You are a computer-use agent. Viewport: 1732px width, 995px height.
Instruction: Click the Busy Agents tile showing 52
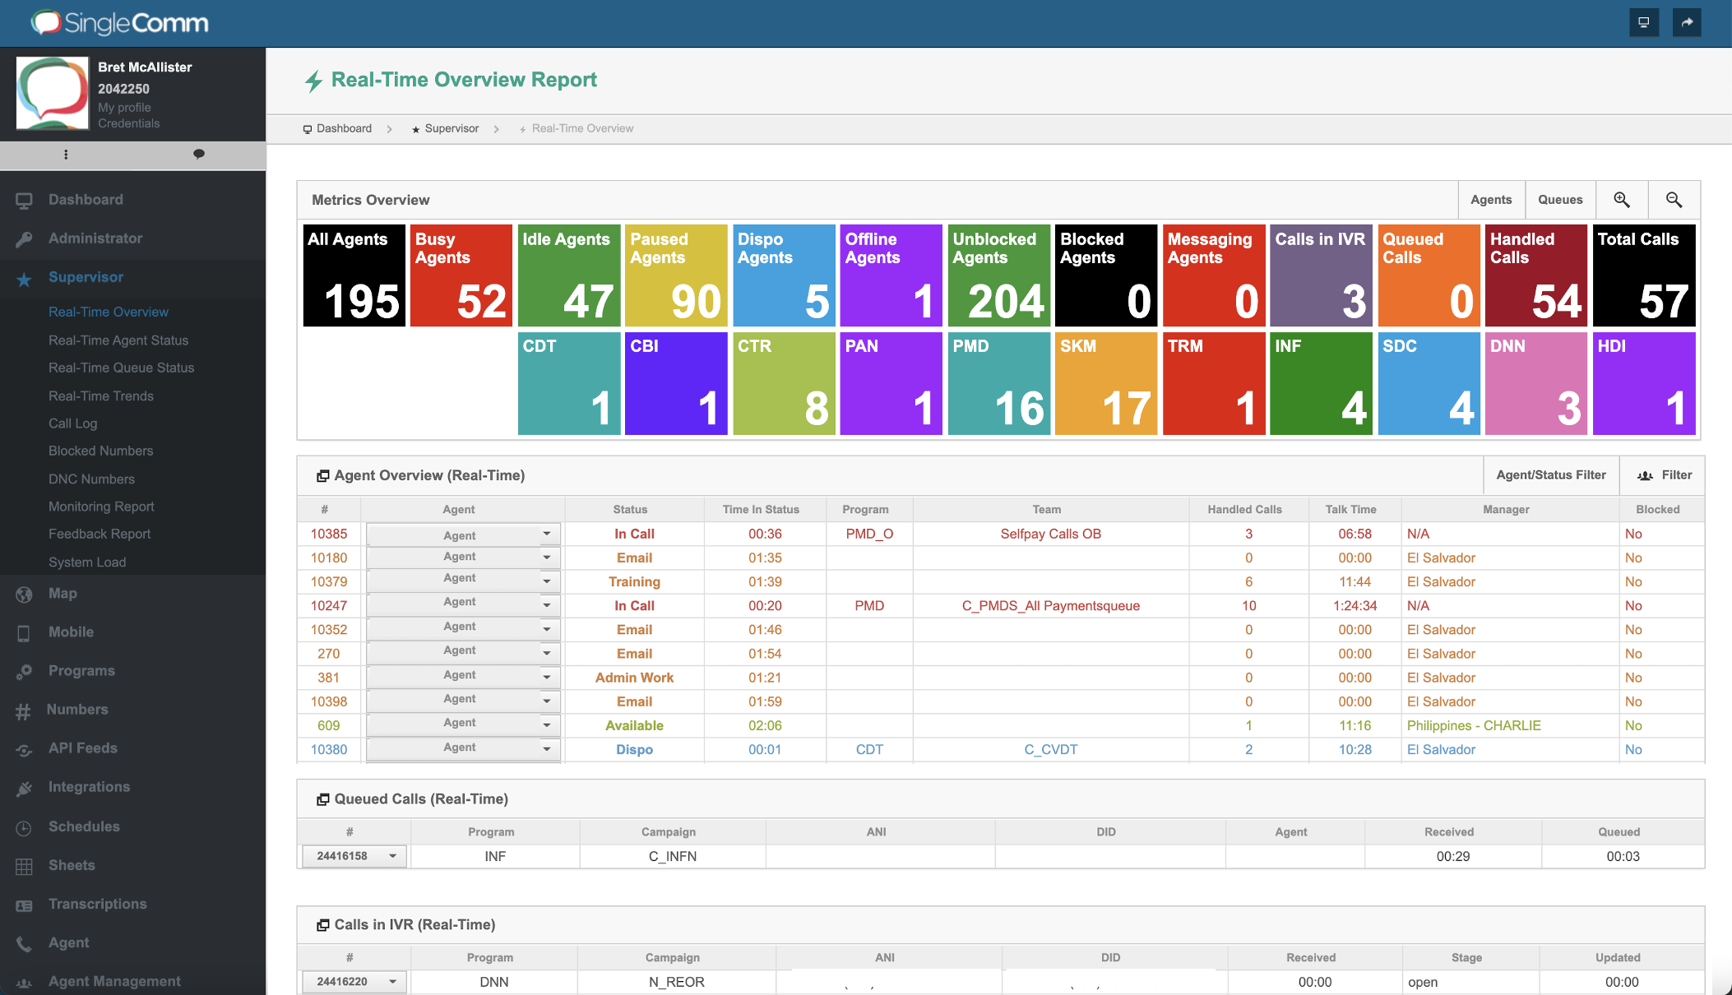461,275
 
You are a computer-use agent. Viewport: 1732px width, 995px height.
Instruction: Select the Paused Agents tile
676,275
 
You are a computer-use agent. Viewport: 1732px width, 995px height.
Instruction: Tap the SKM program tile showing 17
1105,383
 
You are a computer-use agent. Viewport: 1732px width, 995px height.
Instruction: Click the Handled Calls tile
1535,275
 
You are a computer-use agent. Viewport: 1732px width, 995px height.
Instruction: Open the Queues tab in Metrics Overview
1559,200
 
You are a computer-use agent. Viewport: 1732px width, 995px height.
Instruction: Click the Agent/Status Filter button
1550,475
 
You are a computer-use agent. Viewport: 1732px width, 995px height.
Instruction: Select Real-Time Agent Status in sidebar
118,340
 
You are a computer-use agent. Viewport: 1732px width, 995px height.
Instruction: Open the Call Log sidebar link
72,423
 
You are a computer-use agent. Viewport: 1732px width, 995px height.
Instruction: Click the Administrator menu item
95,238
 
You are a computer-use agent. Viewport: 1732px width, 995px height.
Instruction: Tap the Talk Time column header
1350,510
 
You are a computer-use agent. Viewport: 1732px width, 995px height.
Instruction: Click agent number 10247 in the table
328,606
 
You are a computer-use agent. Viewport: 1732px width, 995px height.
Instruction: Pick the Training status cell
633,582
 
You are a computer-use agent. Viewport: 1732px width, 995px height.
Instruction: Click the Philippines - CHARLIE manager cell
1473,726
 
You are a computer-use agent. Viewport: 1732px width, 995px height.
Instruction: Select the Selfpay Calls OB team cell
1049,535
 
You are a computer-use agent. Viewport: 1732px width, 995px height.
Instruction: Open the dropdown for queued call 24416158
392,856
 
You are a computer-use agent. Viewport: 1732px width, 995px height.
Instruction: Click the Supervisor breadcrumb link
451,129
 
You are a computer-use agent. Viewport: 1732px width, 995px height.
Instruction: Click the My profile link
124,108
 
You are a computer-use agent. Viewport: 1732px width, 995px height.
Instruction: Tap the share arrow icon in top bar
1686,22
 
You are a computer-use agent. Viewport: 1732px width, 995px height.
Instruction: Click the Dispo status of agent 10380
633,750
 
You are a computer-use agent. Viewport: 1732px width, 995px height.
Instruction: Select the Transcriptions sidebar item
97,904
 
